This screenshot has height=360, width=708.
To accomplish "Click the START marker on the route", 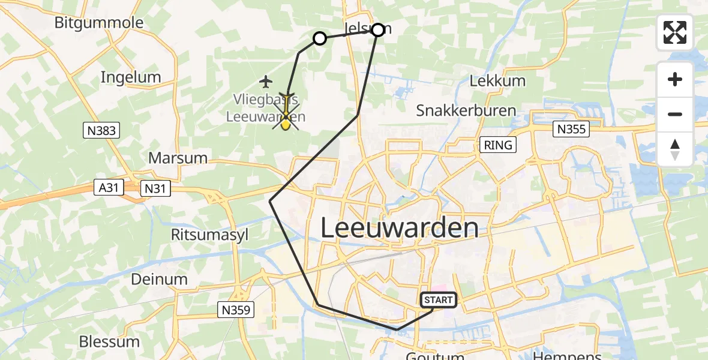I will (439, 300).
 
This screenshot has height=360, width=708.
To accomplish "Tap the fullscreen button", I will (675, 32).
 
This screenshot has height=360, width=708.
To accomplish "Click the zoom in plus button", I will (675, 79).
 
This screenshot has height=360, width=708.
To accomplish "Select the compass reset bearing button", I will (675, 149).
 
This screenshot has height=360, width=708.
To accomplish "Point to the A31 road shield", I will (109, 188).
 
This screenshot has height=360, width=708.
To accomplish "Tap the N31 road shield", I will (155, 189).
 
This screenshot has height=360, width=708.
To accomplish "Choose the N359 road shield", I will (236, 310).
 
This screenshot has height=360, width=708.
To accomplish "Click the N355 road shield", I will (571, 129).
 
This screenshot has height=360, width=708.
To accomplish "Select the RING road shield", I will (498, 145).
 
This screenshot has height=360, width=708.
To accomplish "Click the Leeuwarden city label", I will (400, 229).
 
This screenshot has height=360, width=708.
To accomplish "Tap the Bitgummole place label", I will (99, 23).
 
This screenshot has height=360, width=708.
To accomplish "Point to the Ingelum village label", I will (131, 77).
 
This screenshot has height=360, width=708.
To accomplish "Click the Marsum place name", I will (178, 158).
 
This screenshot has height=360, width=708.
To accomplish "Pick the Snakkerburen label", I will (466, 110).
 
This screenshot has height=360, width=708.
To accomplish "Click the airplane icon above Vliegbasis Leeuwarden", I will (266, 80).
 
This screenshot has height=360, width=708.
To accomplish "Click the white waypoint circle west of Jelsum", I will (320, 39).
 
